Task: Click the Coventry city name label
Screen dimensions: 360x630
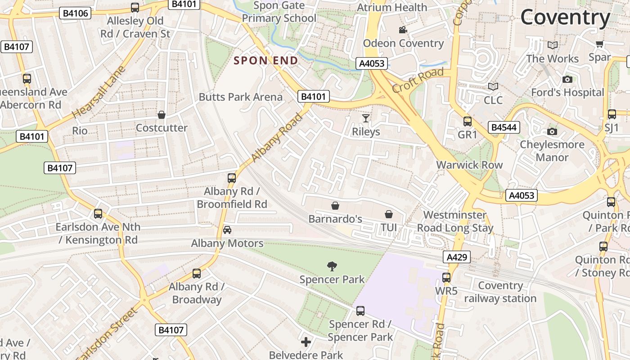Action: point(565,18)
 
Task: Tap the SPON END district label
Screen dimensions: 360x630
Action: point(265,61)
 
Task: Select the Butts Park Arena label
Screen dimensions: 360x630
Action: point(241,97)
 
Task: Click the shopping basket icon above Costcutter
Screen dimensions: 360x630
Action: point(162,115)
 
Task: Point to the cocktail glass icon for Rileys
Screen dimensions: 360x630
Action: point(366,118)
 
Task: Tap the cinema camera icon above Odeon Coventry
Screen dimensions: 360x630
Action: point(403,30)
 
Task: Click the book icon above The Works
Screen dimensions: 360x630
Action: point(552,45)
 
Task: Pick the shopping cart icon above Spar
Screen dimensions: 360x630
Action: point(599,44)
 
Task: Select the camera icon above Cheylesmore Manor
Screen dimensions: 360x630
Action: point(552,131)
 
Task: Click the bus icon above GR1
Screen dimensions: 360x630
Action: point(468,121)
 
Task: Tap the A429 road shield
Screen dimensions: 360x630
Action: point(457,257)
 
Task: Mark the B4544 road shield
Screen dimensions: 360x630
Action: point(504,128)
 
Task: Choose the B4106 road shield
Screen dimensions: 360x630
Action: point(75,13)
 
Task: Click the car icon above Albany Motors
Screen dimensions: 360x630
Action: point(227,230)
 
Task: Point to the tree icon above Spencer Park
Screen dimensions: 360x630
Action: point(332,266)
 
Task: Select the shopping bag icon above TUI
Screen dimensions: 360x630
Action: point(389,214)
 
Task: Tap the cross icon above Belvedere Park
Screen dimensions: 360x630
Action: point(306,342)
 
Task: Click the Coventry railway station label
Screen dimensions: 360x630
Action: point(500,292)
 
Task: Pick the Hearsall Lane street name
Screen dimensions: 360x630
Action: point(98,93)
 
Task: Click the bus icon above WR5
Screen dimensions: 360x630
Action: point(446,278)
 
